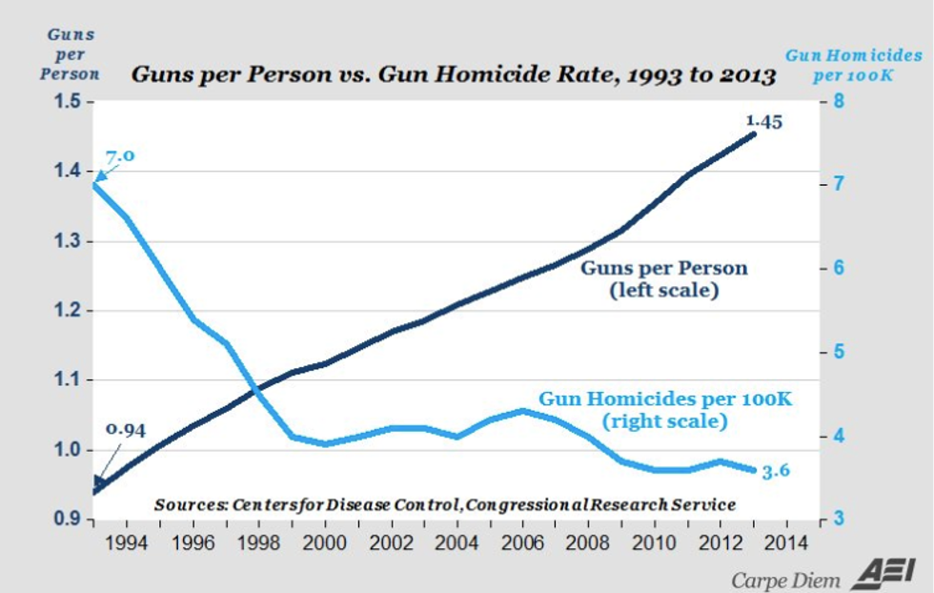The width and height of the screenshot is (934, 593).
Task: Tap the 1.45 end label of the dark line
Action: coord(763,121)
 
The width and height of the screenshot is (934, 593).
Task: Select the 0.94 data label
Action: coord(124,430)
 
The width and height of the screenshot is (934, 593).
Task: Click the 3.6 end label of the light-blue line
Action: coord(776,471)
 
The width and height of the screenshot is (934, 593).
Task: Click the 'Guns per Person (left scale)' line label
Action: coord(664,279)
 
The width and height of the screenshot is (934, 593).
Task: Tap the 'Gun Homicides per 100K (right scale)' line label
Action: coord(665,409)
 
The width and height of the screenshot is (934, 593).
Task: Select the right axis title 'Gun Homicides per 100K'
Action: coord(855,64)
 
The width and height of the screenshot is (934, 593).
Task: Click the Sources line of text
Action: coord(444,504)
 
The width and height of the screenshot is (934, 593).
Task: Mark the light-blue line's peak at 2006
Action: coord(523,411)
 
